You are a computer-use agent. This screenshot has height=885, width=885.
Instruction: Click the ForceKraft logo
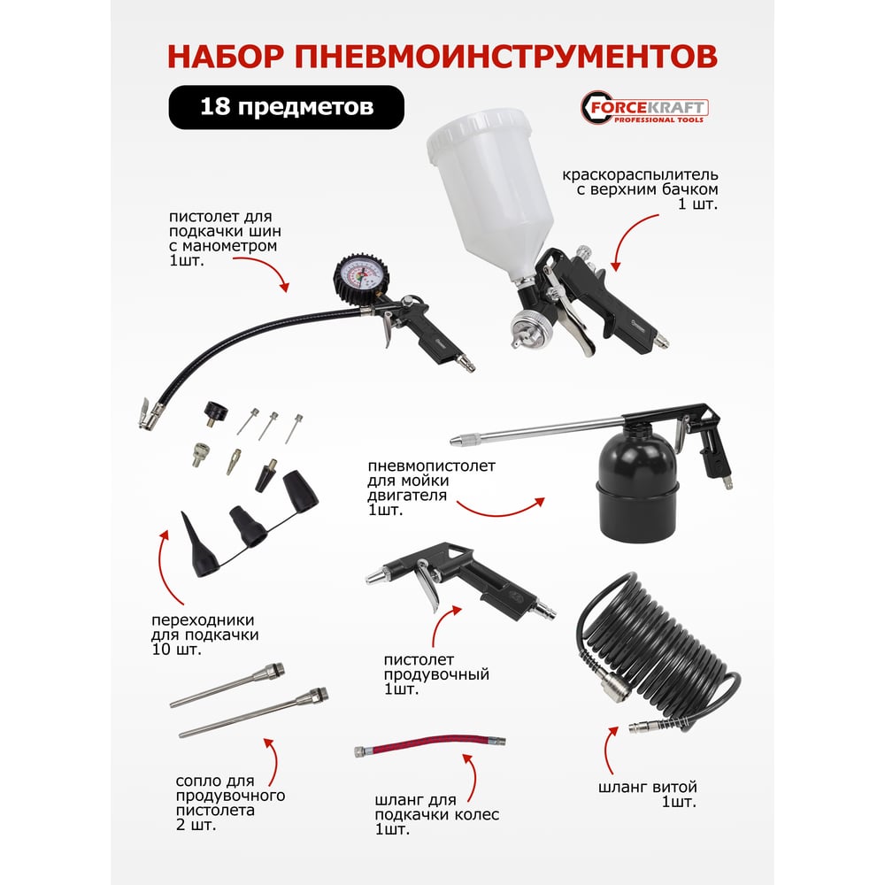[644, 107]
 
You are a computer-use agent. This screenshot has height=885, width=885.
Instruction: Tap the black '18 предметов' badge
[286, 107]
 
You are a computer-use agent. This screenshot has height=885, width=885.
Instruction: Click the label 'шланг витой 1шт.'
[648, 794]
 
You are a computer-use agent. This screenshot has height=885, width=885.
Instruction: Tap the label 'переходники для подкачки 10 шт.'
[205, 635]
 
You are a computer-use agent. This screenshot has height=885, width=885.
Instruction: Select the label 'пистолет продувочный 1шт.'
[436, 673]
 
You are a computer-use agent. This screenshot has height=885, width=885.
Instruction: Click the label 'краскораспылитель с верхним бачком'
[640, 181]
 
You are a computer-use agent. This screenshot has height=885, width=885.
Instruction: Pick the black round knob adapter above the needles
[216, 413]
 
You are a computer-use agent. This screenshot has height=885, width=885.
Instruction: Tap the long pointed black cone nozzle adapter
[198, 545]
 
